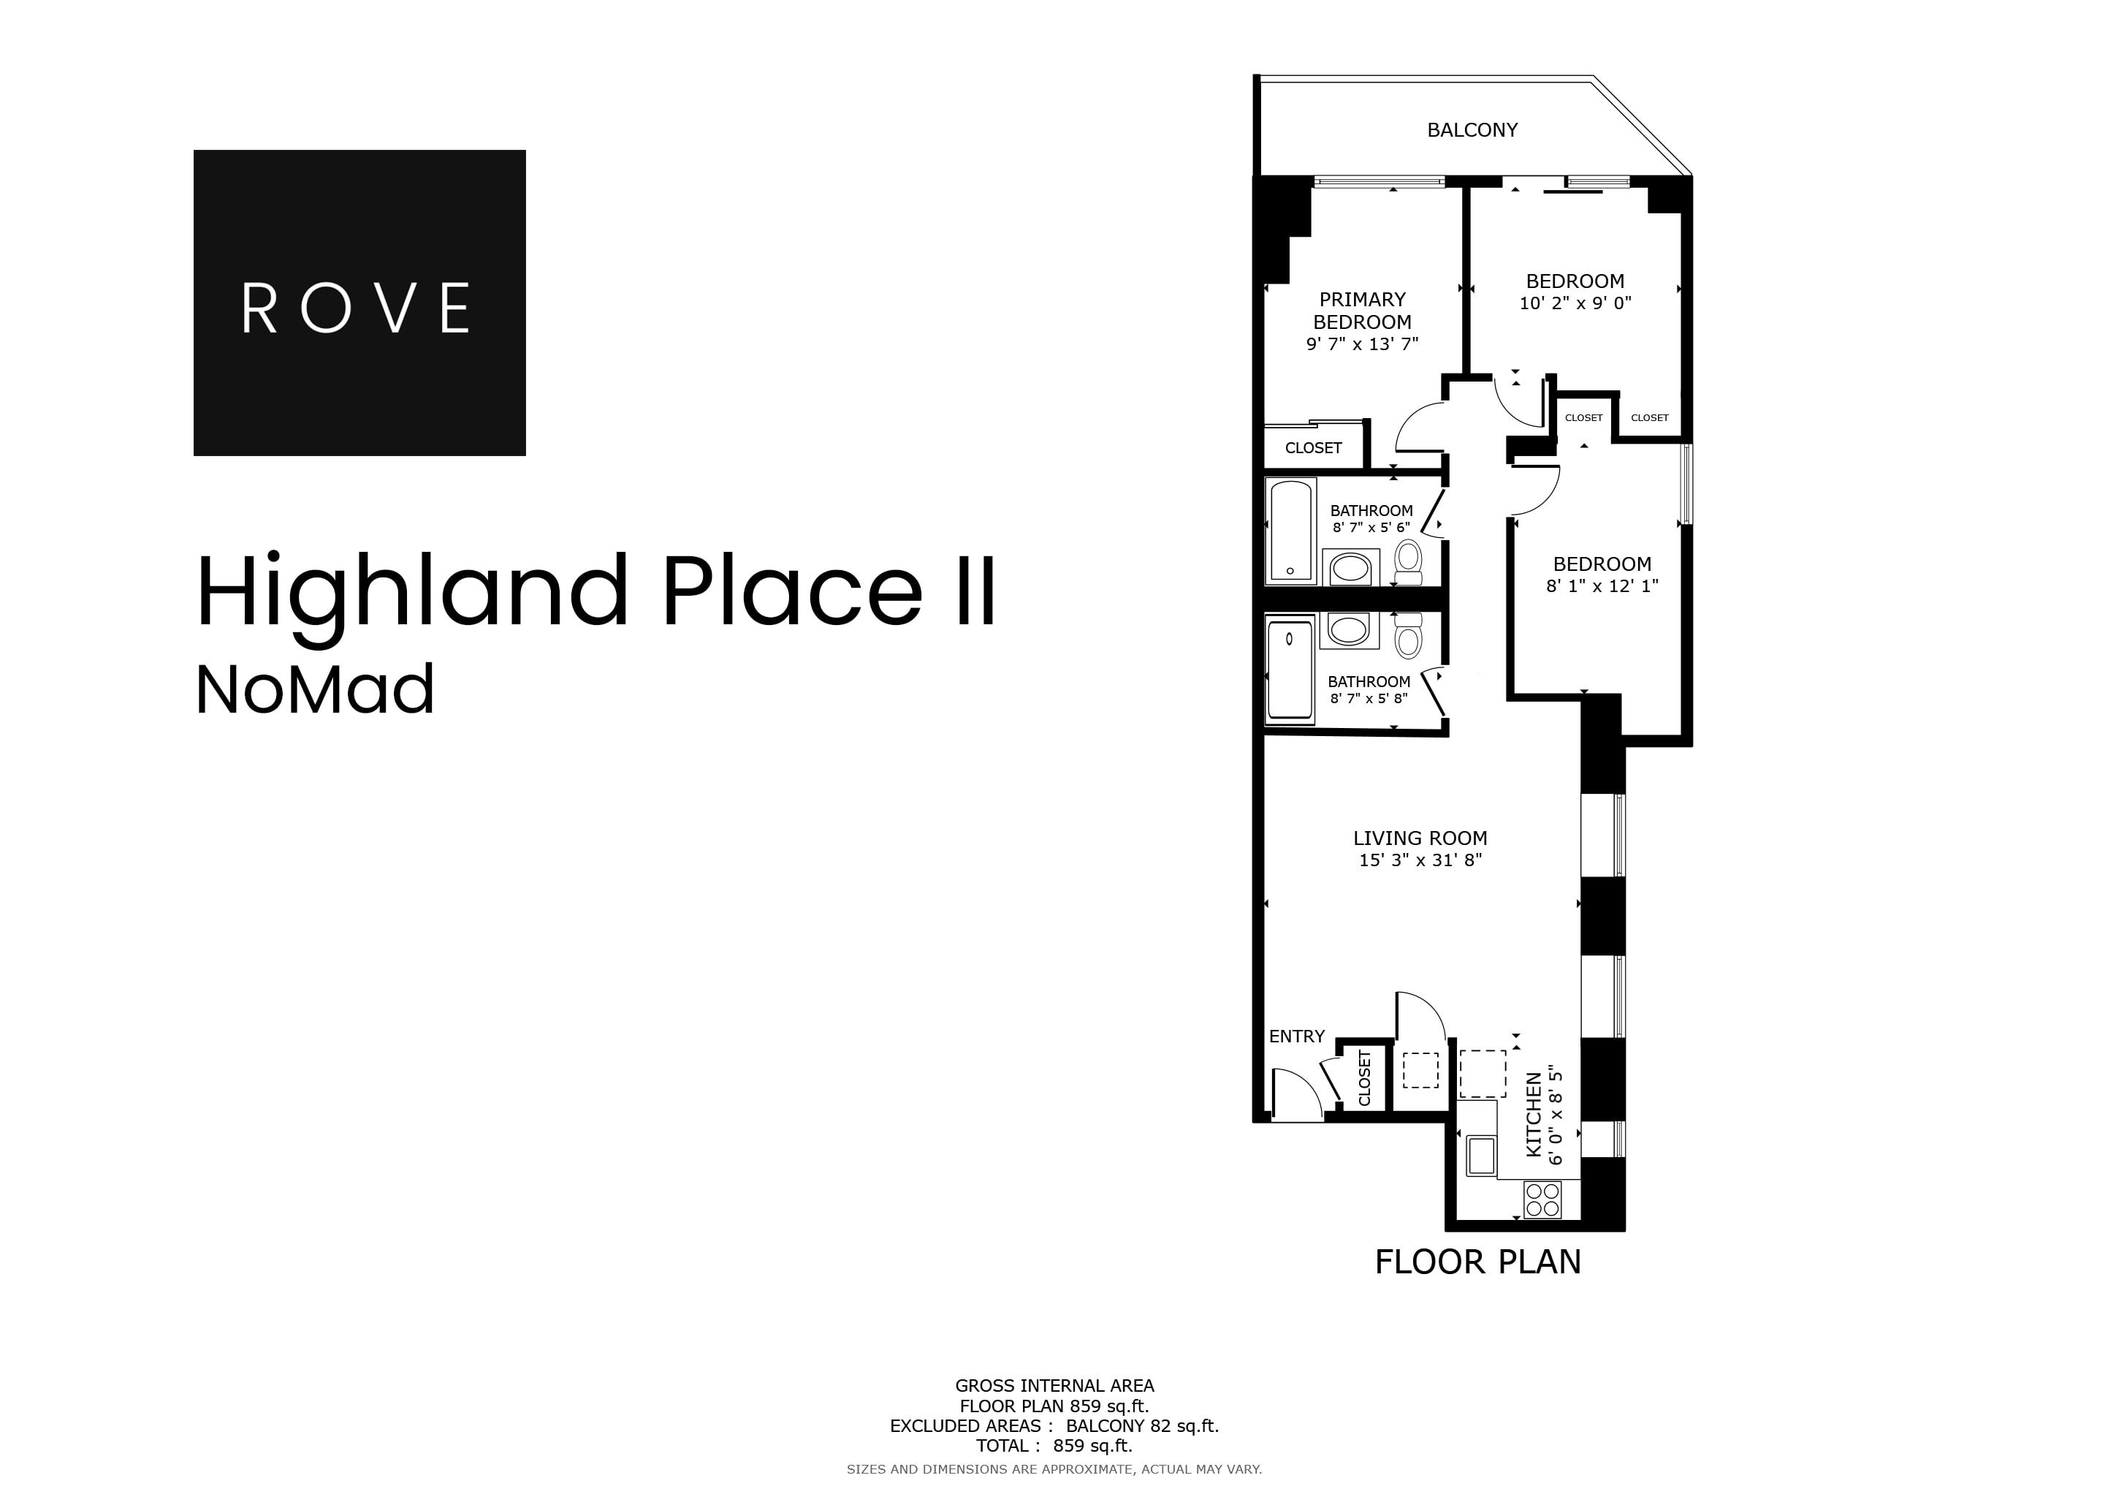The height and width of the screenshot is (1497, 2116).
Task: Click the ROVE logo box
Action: pos(359,303)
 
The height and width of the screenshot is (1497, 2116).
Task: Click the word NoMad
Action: pos(314,691)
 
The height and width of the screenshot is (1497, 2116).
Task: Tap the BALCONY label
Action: pos(1472,130)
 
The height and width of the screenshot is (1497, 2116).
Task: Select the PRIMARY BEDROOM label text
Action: pos(1362,311)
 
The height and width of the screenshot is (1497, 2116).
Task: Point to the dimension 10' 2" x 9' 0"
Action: pos(1575,303)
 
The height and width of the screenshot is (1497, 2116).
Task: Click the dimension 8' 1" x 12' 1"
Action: pos(1602,586)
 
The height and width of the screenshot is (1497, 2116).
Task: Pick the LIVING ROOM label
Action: pos(1419,838)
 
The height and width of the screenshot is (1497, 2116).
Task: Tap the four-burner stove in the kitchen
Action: pos(1542,1200)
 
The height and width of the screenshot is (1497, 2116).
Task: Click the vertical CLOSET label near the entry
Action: pos(1365,1078)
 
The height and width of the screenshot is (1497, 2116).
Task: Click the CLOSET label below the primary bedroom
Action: pos(1313,448)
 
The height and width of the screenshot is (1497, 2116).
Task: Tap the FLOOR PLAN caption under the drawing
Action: pos(1477,1262)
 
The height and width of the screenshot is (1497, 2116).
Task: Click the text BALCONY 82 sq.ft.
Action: pos(1142,1426)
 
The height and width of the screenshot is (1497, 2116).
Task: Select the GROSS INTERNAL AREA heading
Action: pos(1054,1385)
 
